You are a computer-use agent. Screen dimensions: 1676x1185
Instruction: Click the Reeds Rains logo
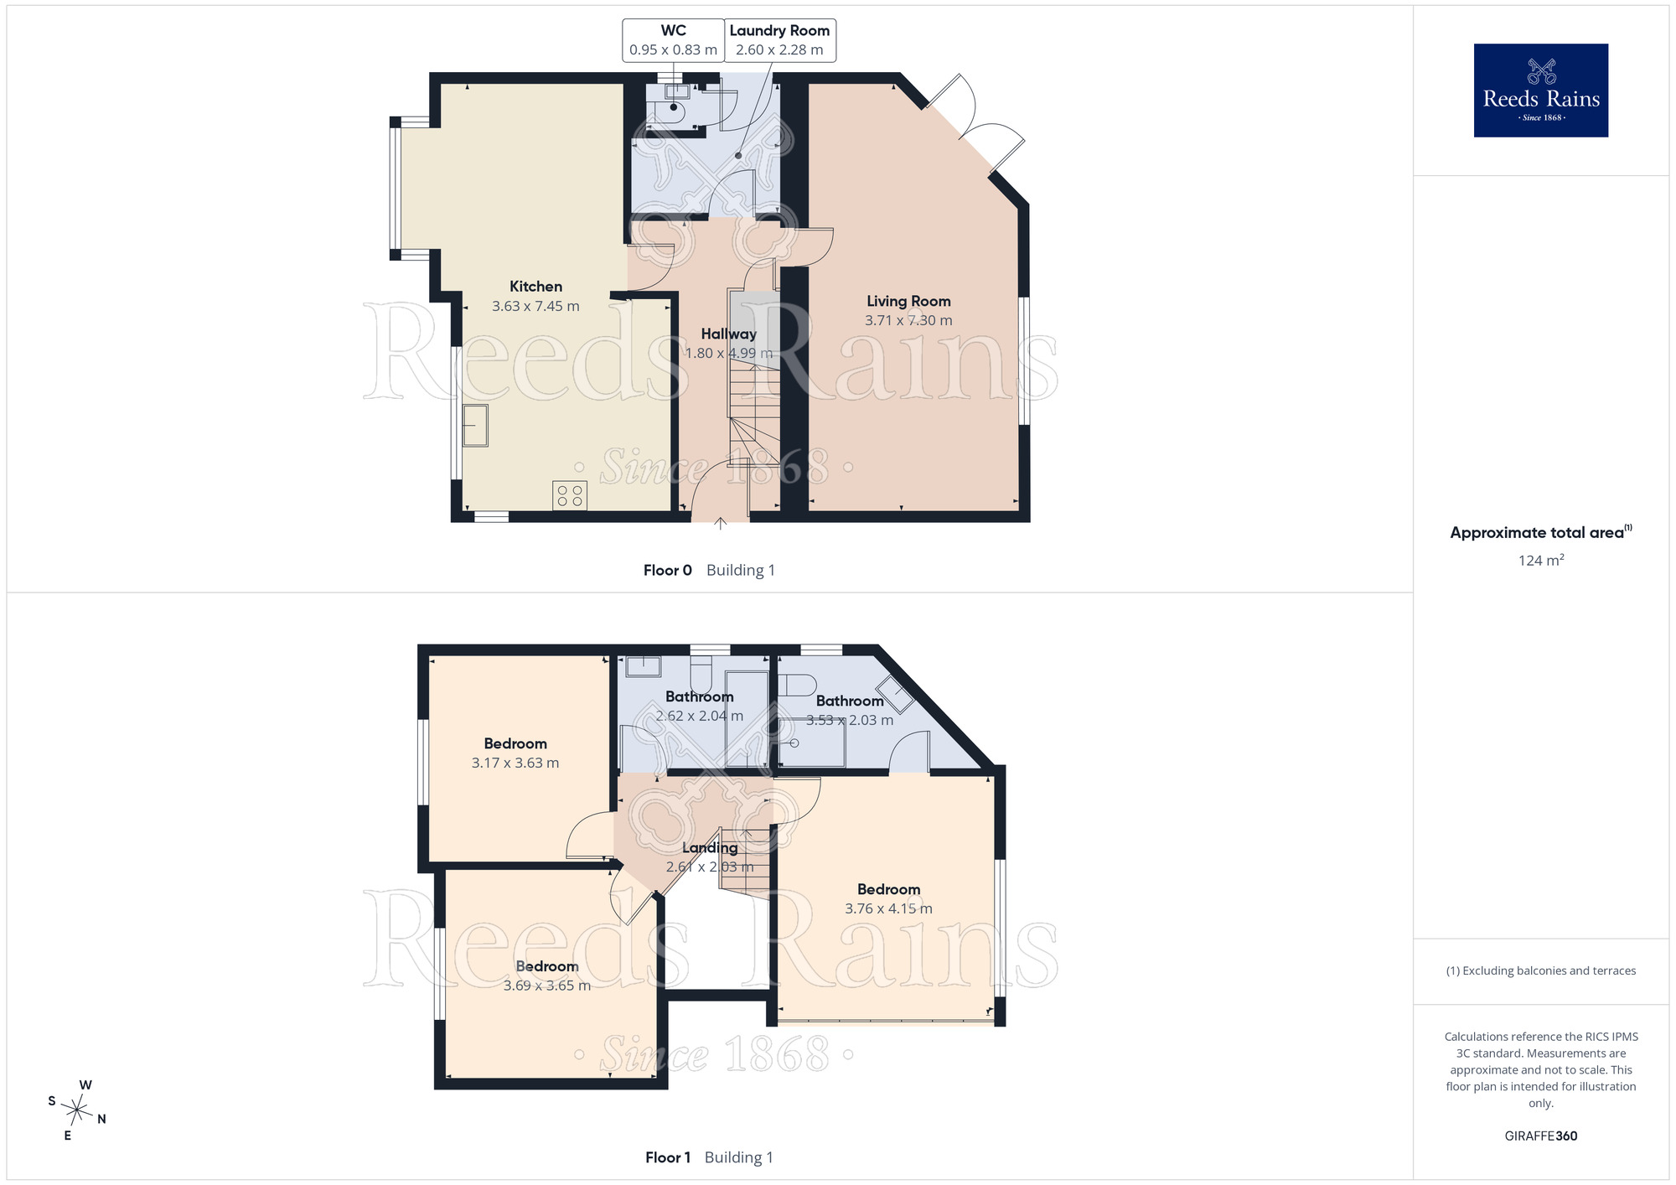1541,91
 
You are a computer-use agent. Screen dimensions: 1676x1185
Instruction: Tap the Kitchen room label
535,287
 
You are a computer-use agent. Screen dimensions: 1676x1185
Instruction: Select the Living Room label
908,301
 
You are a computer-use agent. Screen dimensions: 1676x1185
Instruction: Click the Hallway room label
728,334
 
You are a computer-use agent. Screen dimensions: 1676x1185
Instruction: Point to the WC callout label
673,39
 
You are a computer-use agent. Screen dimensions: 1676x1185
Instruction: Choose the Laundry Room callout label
779,39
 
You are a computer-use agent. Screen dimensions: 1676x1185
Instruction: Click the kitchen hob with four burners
570,495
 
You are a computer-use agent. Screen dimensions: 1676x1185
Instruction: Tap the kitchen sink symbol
475,426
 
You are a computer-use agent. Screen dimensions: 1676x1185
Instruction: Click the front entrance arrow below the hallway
720,524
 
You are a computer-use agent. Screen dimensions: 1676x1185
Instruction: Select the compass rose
76,1111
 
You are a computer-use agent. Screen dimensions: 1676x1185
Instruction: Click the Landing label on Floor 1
710,847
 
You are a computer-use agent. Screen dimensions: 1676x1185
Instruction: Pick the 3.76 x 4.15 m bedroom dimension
888,908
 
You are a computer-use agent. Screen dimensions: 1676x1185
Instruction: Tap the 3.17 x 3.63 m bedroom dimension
515,763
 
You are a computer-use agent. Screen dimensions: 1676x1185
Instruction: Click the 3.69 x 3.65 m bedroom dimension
547,986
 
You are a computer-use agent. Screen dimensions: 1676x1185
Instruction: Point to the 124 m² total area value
1541,560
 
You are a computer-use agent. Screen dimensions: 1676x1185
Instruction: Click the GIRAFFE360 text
1541,1136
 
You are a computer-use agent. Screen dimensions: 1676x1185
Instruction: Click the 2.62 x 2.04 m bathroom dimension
700,716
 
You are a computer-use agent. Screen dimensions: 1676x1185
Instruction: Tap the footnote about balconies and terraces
1541,970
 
